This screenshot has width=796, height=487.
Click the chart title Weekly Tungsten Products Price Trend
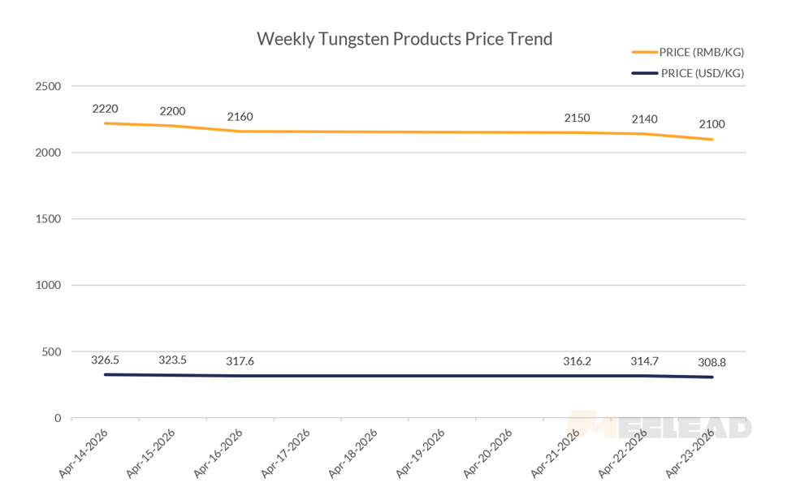click(x=404, y=39)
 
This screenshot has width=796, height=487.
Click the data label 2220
click(x=106, y=107)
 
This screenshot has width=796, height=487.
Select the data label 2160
click(x=240, y=117)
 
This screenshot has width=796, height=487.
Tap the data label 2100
click(x=712, y=124)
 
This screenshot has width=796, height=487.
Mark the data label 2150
click(x=577, y=119)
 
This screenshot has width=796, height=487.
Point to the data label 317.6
click(x=240, y=361)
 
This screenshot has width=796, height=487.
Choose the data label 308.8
click(x=712, y=363)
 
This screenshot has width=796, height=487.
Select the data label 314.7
click(x=645, y=360)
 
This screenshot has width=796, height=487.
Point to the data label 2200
click(x=172, y=111)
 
